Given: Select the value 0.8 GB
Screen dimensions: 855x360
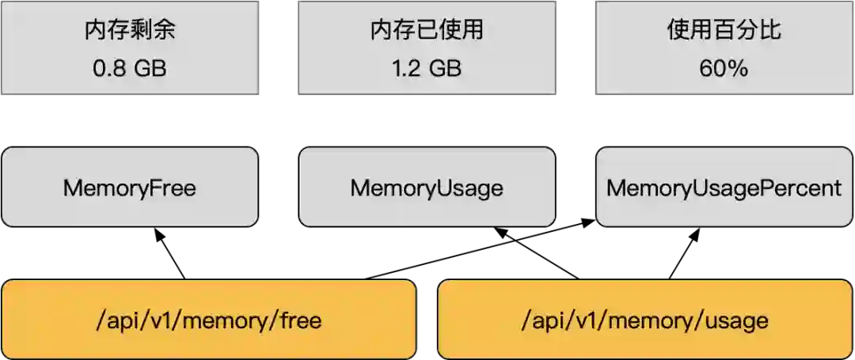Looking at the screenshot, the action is (x=130, y=68).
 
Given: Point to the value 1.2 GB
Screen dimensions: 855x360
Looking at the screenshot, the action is (x=426, y=68).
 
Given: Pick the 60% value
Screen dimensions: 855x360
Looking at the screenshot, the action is (x=724, y=68).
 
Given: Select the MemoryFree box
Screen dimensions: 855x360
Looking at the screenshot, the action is (x=130, y=188).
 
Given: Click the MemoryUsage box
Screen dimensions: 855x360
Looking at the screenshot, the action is (x=426, y=188).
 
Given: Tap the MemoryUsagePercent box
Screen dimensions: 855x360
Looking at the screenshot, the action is (x=724, y=188).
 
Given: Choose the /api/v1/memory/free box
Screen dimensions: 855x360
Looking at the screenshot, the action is (x=208, y=320).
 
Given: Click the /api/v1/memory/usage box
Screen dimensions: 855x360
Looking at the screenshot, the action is (x=645, y=320).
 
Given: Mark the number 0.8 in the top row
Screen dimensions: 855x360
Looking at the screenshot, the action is (x=107, y=68).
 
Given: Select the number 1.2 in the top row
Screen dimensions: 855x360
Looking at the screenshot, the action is (x=405, y=68).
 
